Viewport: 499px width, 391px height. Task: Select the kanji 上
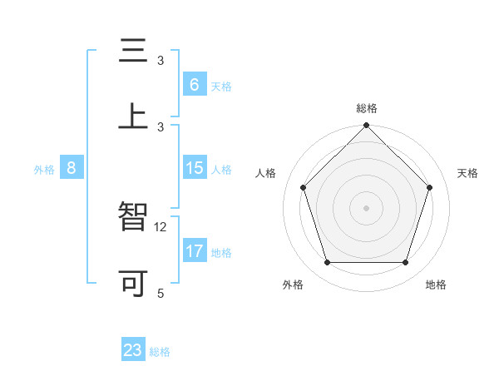coord(133,116)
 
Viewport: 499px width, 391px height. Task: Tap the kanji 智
coord(133,217)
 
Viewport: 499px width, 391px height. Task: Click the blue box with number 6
coord(194,84)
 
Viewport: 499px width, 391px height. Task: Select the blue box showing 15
coord(195,168)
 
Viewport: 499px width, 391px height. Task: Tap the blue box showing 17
coord(195,251)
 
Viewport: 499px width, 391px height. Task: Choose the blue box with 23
coord(133,350)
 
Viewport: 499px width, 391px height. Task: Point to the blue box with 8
coord(72,168)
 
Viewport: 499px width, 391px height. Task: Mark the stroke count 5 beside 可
coord(161,293)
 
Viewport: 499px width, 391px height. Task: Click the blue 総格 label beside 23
coord(160,352)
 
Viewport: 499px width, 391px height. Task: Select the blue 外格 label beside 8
coord(44,170)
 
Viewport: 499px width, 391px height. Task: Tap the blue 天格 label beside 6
coord(221,86)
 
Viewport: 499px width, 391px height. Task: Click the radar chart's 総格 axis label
coord(367,108)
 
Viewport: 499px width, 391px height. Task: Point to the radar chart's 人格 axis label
coord(266,173)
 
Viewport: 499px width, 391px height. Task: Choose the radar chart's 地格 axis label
coord(436,285)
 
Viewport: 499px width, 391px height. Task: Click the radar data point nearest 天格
coord(429,187)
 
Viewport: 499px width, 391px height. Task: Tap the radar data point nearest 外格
coord(327,263)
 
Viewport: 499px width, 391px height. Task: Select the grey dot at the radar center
coord(366,207)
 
